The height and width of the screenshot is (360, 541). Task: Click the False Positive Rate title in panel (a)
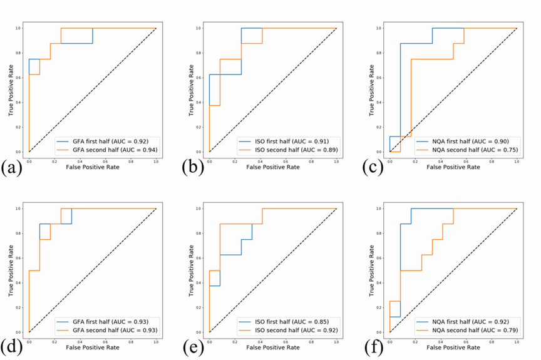[x=92, y=167]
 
